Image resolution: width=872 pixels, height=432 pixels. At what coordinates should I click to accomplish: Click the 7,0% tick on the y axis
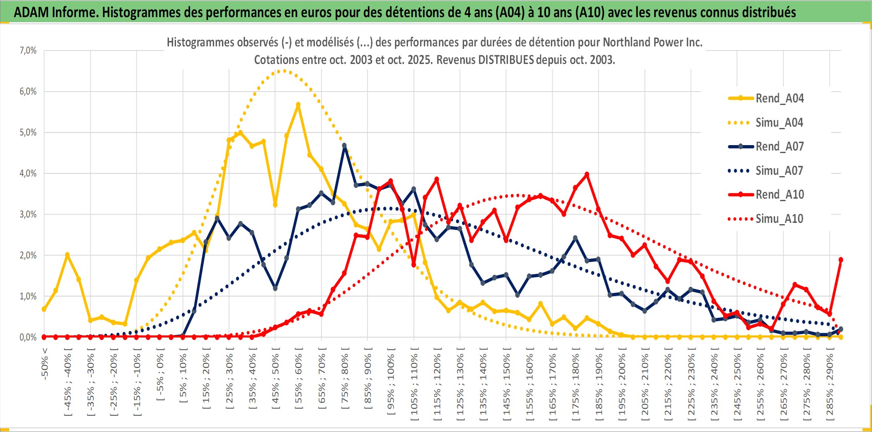click(x=28, y=51)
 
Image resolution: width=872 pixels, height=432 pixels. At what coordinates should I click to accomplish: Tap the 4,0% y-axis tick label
click(x=28, y=173)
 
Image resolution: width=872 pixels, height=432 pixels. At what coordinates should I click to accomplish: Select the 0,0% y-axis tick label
click(x=28, y=337)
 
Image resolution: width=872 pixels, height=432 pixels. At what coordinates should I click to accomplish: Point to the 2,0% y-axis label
click(x=28, y=255)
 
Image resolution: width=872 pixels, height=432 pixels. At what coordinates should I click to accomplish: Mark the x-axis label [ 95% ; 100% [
click(x=391, y=385)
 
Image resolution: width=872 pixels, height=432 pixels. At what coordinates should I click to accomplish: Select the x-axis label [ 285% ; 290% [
click(x=830, y=387)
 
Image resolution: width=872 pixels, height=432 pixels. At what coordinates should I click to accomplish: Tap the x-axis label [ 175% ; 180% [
click(x=576, y=387)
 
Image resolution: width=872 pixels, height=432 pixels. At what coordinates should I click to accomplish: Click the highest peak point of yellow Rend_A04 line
click(x=298, y=105)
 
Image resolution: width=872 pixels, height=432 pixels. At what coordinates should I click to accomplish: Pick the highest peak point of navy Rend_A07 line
click(x=344, y=146)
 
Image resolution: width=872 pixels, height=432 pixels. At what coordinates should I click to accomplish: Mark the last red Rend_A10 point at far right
click(x=841, y=260)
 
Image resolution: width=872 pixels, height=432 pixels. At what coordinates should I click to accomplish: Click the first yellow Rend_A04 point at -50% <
click(x=44, y=309)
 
